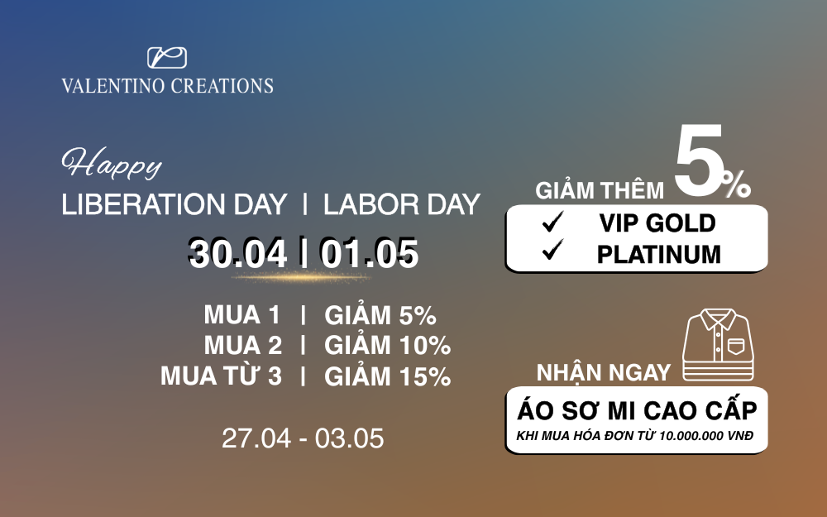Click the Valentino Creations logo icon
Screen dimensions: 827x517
pos(167,58)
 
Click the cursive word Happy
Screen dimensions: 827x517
pos(112,164)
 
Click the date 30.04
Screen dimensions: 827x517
pos(238,254)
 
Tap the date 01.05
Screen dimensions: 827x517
pos(369,254)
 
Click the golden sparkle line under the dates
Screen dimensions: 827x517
pos(301,276)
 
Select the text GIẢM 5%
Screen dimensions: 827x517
pos(380,315)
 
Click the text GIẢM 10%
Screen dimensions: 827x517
pos(388,346)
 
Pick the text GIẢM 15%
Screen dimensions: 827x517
pos(388,376)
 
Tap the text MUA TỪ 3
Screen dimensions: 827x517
pos(221,376)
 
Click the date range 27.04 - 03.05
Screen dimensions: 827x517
pos(303,438)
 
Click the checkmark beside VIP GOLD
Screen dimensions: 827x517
pos(552,222)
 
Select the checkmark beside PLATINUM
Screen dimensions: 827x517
pos(552,250)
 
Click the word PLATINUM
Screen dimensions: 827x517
pos(659,254)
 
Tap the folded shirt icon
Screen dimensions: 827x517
pos(718,344)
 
